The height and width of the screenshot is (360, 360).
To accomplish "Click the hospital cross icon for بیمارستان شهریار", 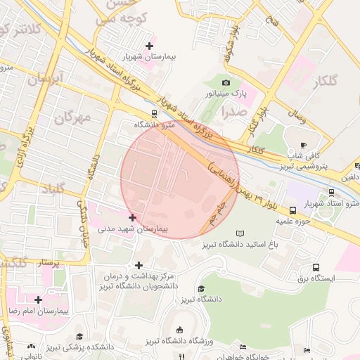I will point(149,46).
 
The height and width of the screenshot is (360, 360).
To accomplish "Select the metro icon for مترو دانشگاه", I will point(154,113).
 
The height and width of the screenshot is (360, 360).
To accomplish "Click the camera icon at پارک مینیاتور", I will point(226,83).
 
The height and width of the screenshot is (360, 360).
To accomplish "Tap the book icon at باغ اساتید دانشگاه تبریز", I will point(242,233).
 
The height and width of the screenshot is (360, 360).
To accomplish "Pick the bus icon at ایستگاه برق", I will point(316,268).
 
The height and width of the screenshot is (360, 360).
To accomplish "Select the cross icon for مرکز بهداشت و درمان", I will point(139,266).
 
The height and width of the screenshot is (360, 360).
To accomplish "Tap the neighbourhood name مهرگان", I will point(72,117).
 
